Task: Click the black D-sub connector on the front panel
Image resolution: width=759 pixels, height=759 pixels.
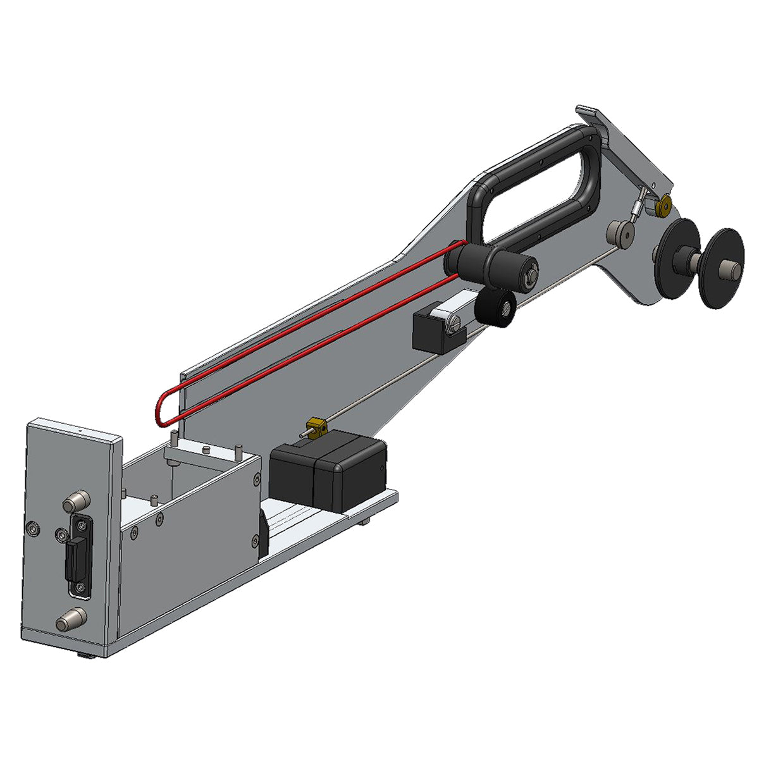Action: (x=78, y=555)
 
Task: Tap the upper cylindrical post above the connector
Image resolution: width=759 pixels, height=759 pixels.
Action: (x=75, y=503)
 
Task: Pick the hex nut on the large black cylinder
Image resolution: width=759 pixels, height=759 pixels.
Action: (x=529, y=274)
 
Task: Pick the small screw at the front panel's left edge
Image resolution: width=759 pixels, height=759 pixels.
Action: (x=33, y=526)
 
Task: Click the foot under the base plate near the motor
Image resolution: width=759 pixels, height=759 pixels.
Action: (x=366, y=521)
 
